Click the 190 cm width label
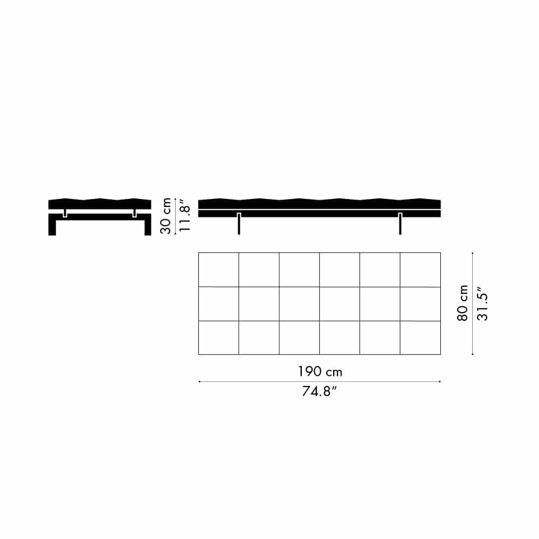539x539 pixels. click(x=320, y=371)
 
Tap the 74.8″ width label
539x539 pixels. click(x=319, y=391)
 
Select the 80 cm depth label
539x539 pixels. click(x=462, y=303)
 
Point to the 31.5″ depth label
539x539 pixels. click(x=482, y=303)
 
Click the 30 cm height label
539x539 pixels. click(x=165, y=216)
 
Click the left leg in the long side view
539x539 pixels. click(x=239, y=224)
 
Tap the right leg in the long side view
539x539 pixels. click(x=400, y=224)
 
